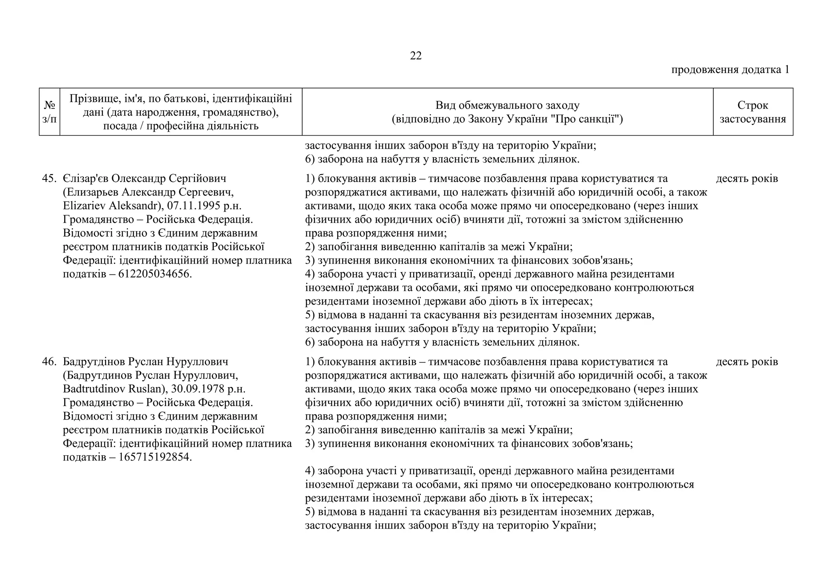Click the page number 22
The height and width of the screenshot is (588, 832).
pos(416,56)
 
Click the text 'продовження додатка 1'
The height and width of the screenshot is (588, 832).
pos(730,69)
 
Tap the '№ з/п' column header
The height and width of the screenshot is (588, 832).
pos(49,112)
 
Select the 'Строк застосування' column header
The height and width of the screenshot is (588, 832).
pos(752,112)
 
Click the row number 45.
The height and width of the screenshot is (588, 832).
pos(49,179)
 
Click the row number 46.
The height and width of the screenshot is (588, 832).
pos(49,362)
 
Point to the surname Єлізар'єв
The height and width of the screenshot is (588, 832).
pos(86,179)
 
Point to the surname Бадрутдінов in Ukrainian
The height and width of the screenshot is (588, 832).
pos(94,362)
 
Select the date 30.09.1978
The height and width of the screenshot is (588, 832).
pos(197,389)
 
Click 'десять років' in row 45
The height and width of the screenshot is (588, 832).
pos(747,179)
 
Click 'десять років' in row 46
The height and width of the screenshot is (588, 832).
pos(747,362)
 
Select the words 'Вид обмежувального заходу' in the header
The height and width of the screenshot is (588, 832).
pos(507,105)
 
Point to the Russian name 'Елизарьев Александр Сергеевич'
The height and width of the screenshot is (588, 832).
pos(148,192)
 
